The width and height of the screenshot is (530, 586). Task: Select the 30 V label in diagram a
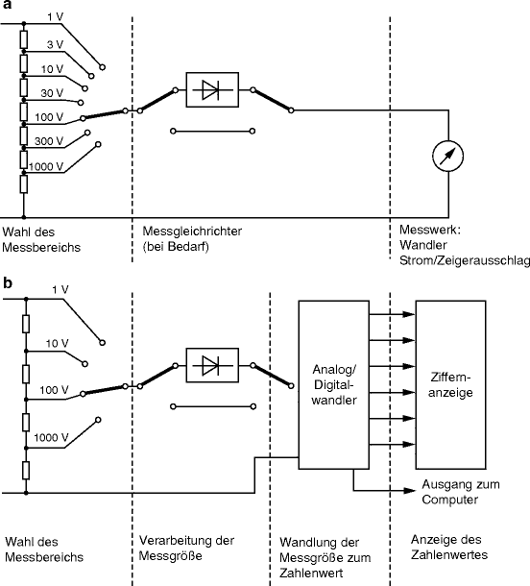tap(53, 92)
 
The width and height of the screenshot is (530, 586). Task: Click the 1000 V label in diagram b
tap(51, 438)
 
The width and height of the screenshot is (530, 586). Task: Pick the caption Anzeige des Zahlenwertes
tap(449, 547)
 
